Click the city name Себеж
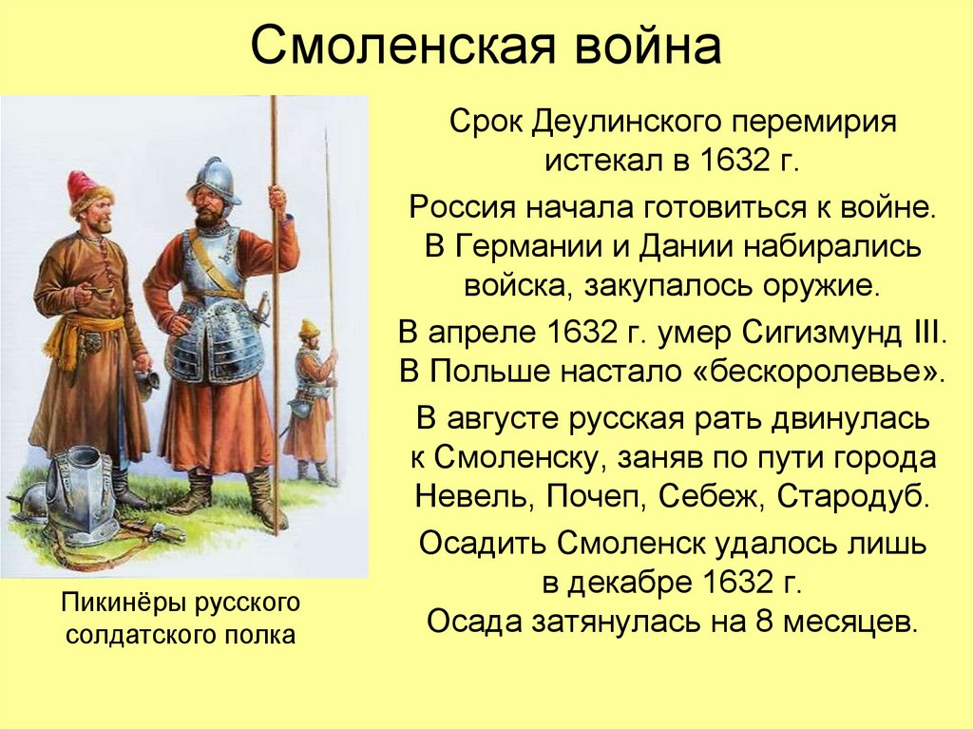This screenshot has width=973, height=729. coord(710,494)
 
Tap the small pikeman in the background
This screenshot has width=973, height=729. coord(310,399)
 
